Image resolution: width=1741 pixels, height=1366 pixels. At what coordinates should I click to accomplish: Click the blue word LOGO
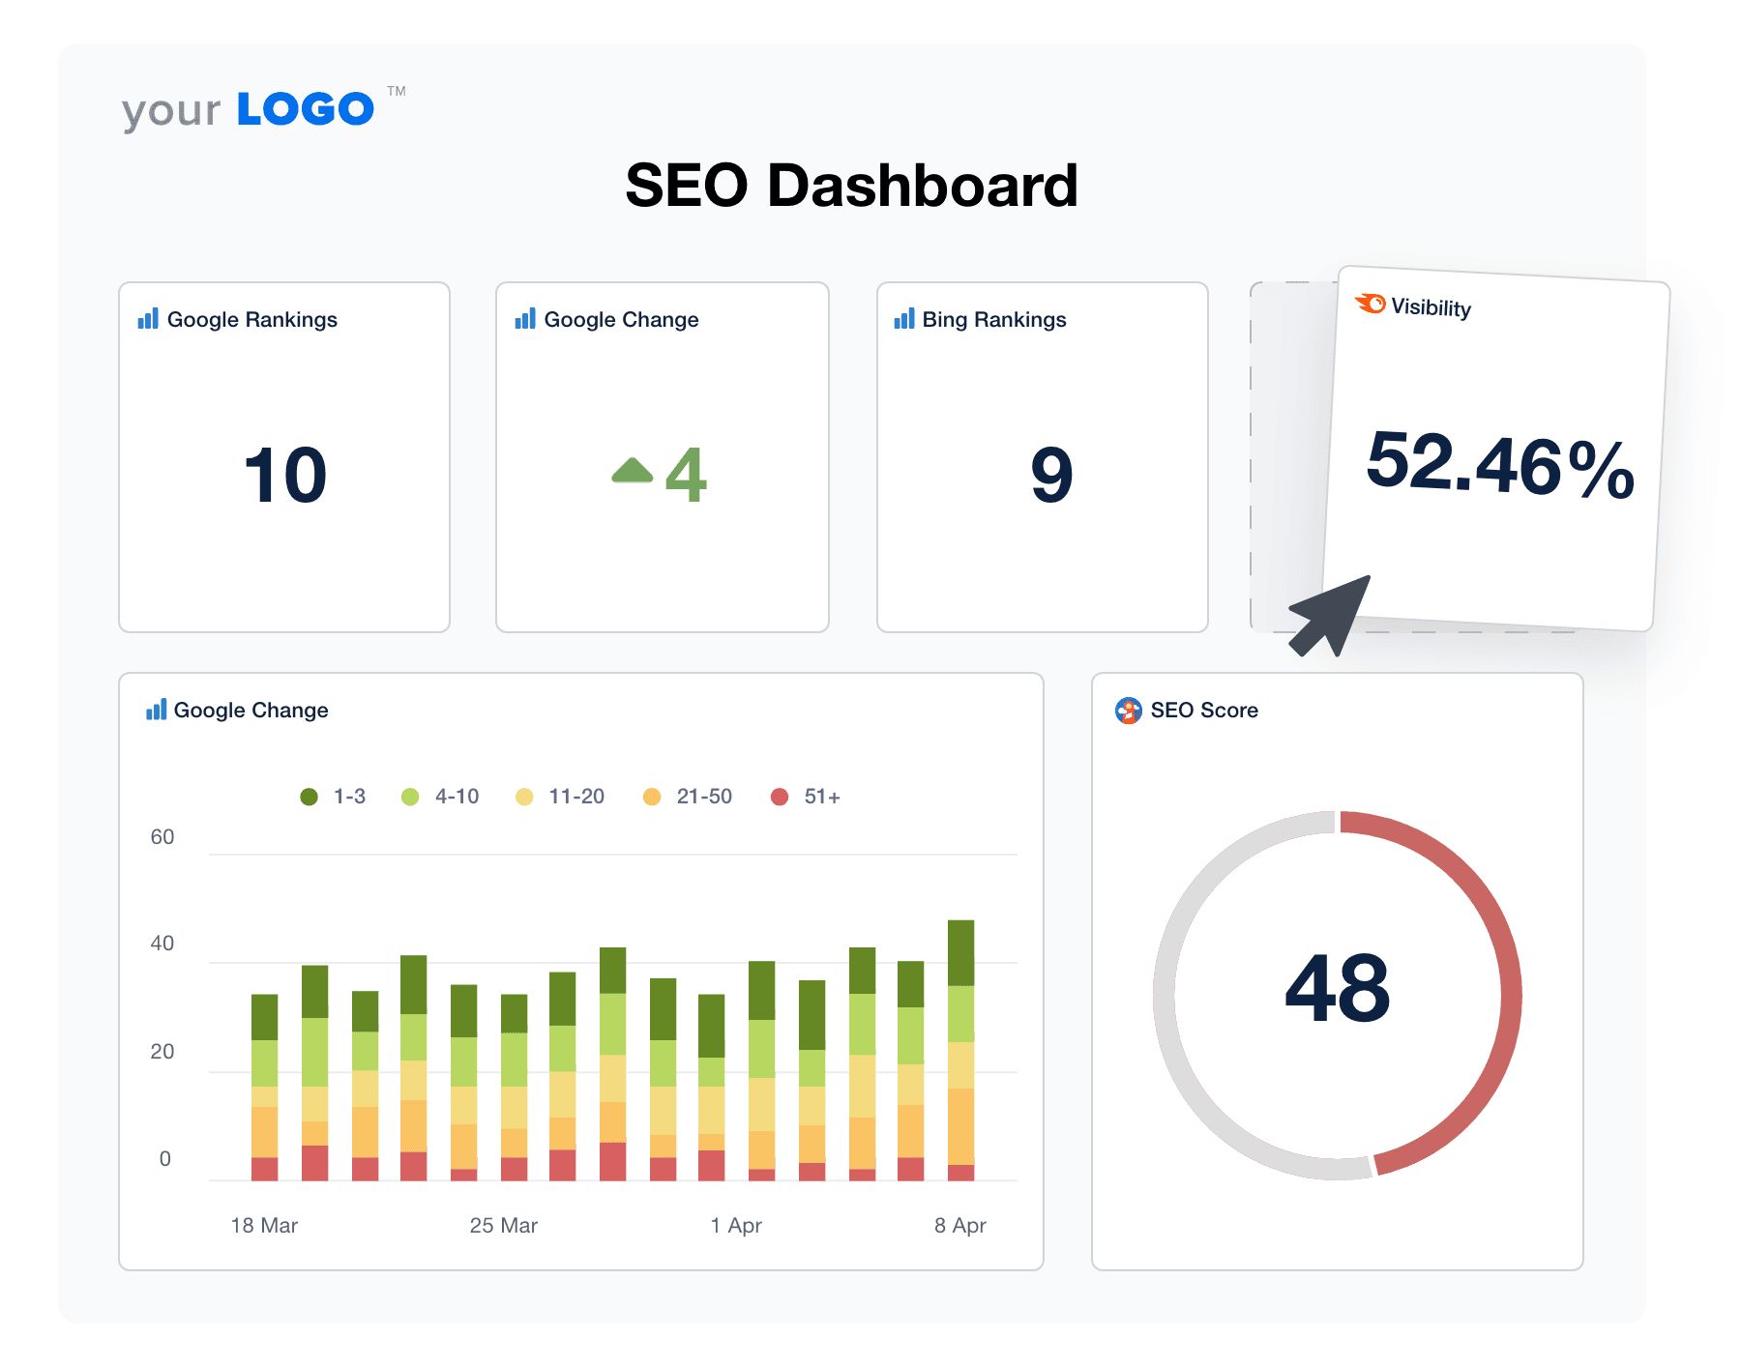coord(305,109)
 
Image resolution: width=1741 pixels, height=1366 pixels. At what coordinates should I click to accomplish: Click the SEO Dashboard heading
coord(851,186)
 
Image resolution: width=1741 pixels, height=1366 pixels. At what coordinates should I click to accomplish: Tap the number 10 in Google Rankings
coord(285,475)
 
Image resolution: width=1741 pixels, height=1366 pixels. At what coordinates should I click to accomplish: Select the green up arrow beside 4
coord(633,471)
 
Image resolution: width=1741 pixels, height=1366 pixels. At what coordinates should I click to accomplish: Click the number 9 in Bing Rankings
coord(1051,475)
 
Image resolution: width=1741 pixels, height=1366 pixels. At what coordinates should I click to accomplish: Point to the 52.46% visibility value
coord(1499,466)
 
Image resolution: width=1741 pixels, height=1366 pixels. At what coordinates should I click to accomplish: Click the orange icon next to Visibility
coord(1371,304)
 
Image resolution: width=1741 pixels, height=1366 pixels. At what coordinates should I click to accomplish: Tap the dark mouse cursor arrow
coord(1333,615)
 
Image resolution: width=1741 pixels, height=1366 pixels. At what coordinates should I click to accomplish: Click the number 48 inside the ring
coord(1337,988)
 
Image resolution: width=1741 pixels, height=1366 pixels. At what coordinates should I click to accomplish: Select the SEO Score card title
coord(1203,711)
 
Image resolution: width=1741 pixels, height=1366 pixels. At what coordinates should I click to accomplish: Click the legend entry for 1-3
coord(334,797)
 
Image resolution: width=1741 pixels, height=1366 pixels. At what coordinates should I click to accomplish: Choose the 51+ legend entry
coord(806,797)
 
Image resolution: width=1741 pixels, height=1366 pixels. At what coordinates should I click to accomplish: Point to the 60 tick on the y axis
coord(162,837)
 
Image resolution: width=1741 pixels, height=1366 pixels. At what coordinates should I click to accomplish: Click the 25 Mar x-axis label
coord(503,1226)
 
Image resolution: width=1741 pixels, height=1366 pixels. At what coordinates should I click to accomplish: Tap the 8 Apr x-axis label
coord(959,1226)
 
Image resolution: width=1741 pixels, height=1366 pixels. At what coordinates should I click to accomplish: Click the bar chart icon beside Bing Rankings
coord(904,319)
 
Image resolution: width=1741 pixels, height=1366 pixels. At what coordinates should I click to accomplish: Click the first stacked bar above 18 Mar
coord(264,1088)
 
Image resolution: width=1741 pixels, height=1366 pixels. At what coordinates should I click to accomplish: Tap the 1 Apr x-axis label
coord(735,1226)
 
